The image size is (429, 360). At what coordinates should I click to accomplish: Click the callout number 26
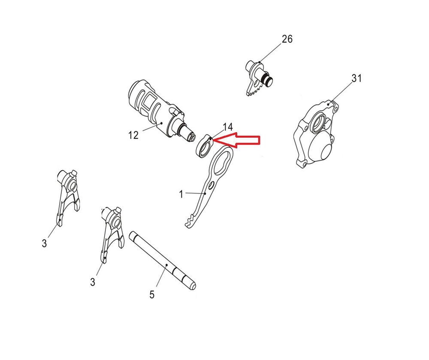coord(287,39)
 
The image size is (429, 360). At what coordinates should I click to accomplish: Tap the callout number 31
coord(356,78)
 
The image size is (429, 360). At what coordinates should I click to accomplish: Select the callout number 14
coord(228,127)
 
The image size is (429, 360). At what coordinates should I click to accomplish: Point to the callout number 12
coord(133,135)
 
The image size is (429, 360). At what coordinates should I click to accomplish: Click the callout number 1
coord(181,194)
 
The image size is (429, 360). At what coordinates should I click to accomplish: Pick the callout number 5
coord(152,295)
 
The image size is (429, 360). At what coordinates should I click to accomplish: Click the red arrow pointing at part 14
coord(236,140)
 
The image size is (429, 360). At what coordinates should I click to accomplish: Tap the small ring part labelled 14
coord(205,147)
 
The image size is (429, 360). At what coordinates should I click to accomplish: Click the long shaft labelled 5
coord(163,261)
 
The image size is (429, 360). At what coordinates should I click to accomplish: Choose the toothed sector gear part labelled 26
coord(258,79)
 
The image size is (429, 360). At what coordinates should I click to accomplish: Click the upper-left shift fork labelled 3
coord(68,197)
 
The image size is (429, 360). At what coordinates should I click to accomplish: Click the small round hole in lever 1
coord(211,186)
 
